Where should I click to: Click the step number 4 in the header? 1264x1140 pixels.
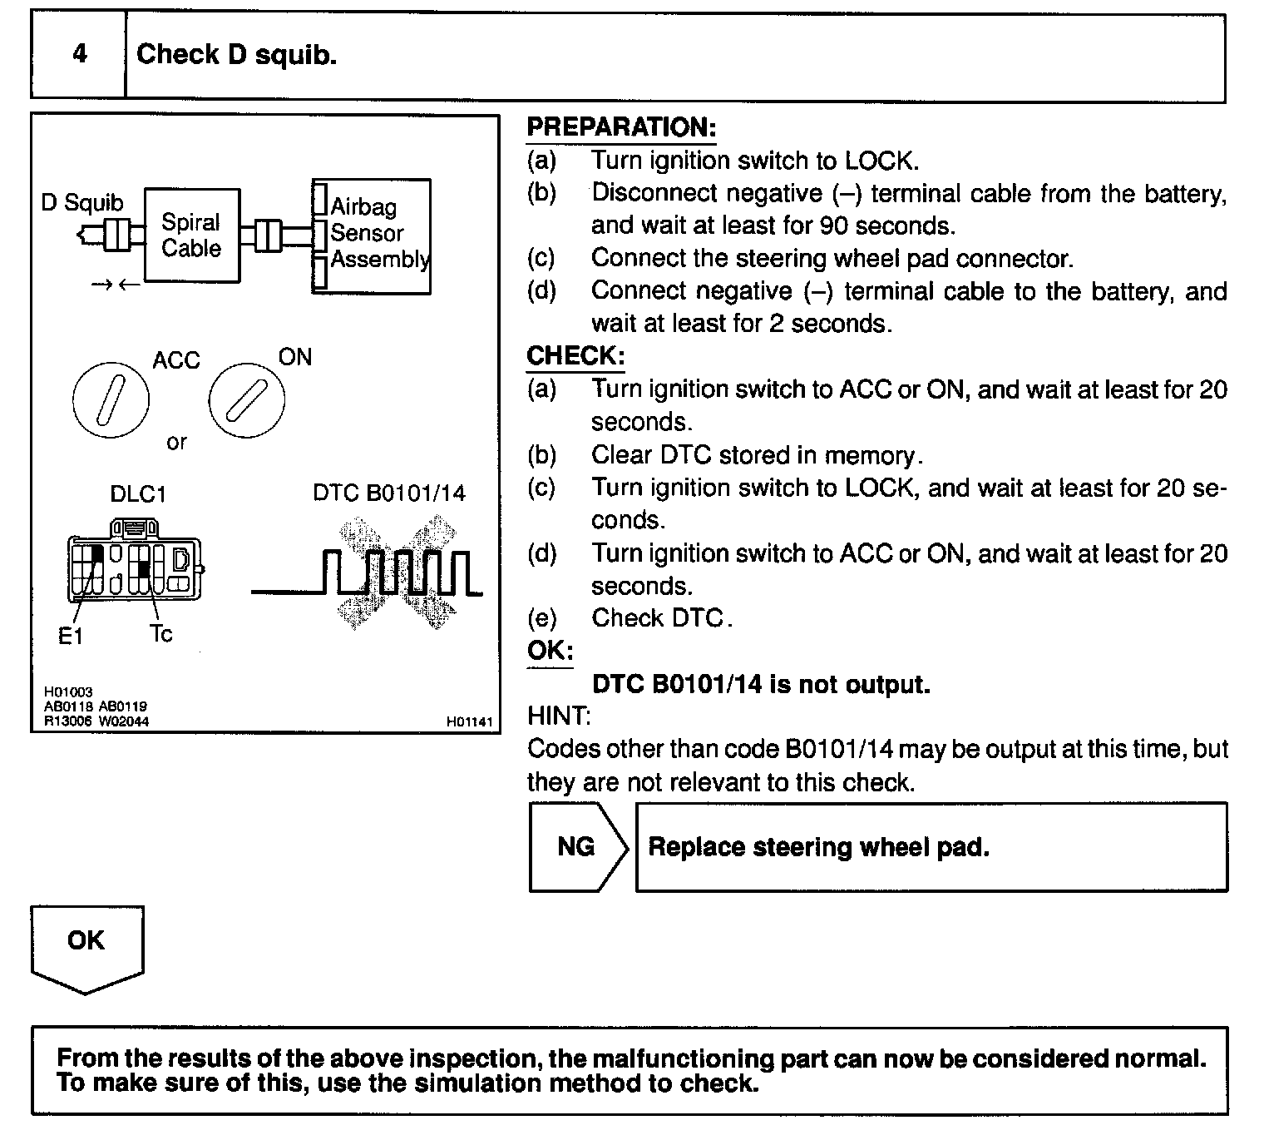point(79,55)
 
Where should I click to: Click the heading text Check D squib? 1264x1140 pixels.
point(236,55)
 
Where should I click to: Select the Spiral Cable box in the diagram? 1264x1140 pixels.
point(191,235)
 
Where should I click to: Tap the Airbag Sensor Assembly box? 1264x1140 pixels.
point(372,235)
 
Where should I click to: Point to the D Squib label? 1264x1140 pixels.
point(82,202)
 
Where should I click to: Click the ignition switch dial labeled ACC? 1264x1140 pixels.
point(111,400)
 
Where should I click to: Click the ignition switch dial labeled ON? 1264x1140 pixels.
point(246,400)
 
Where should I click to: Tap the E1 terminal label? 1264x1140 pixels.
point(71,637)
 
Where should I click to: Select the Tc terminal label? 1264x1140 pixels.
point(161,634)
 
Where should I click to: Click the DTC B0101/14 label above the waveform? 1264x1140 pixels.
point(389,493)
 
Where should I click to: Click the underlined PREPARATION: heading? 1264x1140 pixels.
point(621,127)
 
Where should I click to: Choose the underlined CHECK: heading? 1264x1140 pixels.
point(575,356)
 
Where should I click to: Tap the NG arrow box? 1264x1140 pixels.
point(577,847)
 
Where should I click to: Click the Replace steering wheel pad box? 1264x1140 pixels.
point(931,847)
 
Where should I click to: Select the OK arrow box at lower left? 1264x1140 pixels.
point(86,946)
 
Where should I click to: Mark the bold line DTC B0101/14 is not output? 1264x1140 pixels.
point(760,684)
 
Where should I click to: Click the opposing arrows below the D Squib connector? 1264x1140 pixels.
point(116,285)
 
